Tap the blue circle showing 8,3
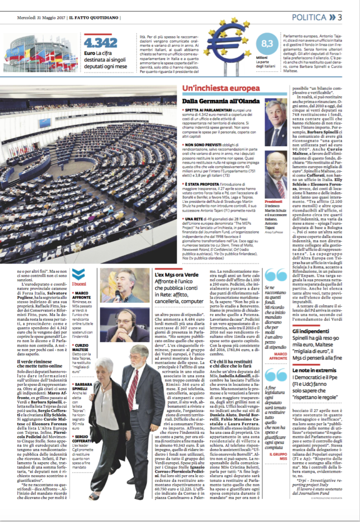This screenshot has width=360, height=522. point(267,44)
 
